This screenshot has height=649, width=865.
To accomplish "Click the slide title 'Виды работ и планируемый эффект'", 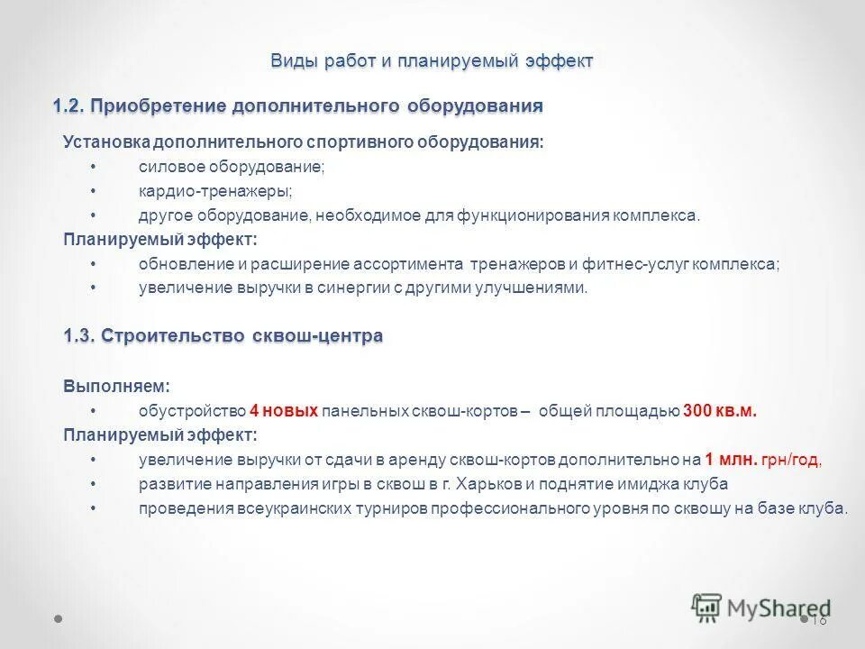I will [x=432, y=61].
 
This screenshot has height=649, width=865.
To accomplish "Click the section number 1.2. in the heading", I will [x=68, y=106].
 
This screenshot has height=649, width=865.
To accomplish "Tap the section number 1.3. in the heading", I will [x=79, y=336].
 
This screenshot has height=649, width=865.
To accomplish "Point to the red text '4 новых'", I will [x=284, y=411].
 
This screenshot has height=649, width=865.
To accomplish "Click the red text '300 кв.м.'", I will [x=720, y=411].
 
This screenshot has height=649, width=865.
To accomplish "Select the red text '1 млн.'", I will [x=731, y=459].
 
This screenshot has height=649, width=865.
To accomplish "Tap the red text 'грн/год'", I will [x=792, y=460].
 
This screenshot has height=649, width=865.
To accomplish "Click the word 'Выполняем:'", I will [x=116, y=386].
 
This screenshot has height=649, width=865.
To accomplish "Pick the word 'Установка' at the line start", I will [x=105, y=143].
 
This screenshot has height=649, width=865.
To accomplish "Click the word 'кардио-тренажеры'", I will [x=214, y=192].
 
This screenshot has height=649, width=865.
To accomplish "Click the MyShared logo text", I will [x=778, y=608].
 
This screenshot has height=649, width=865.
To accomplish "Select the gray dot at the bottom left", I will [x=58, y=620].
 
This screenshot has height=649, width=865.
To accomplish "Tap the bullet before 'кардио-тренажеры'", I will [x=95, y=192].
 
